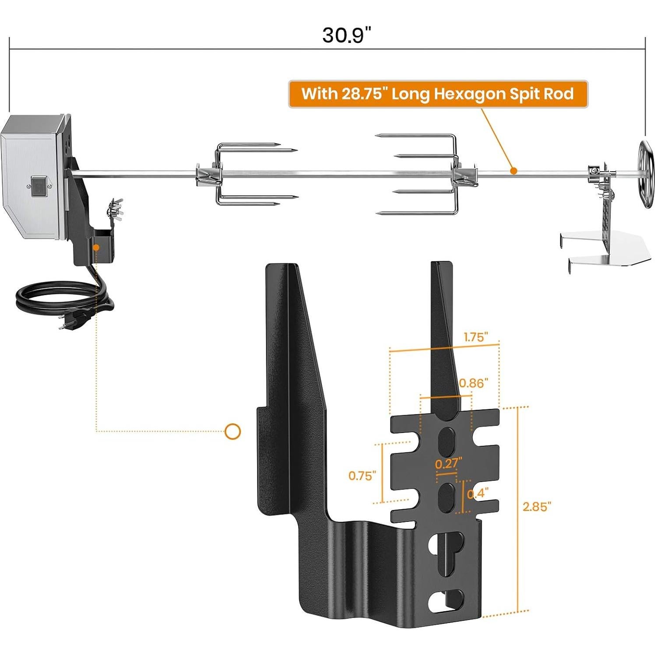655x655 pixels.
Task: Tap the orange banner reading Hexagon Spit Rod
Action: [437, 94]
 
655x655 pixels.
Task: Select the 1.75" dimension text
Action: [476, 337]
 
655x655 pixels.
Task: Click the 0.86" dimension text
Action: [473, 383]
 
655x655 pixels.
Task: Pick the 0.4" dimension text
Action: [477, 494]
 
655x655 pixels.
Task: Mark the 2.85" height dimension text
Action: [536, 507]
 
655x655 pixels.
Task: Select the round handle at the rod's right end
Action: [646, 175]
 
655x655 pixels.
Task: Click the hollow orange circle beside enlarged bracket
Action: [232, 432]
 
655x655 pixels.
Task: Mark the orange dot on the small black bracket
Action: [96, 247]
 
